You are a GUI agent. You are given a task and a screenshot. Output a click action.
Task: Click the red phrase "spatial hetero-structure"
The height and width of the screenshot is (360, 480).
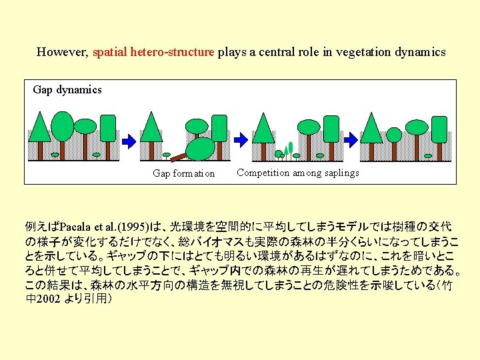tap(153, 51)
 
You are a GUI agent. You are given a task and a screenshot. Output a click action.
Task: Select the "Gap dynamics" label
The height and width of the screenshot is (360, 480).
tap(67, 89)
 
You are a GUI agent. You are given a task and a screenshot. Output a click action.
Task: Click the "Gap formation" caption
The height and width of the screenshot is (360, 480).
tap(183, 173)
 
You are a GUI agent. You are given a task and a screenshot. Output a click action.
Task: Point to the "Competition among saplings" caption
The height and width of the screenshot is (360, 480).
tap(297, 173)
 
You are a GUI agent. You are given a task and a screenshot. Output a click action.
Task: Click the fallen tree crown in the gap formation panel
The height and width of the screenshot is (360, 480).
tap(199, 149)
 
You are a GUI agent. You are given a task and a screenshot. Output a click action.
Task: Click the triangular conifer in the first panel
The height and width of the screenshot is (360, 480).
tap(39, 127)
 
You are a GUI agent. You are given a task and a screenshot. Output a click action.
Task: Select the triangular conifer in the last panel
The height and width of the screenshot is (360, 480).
tap(371, 127)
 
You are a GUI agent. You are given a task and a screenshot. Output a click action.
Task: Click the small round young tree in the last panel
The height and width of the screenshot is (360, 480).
tap(394, 135)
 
